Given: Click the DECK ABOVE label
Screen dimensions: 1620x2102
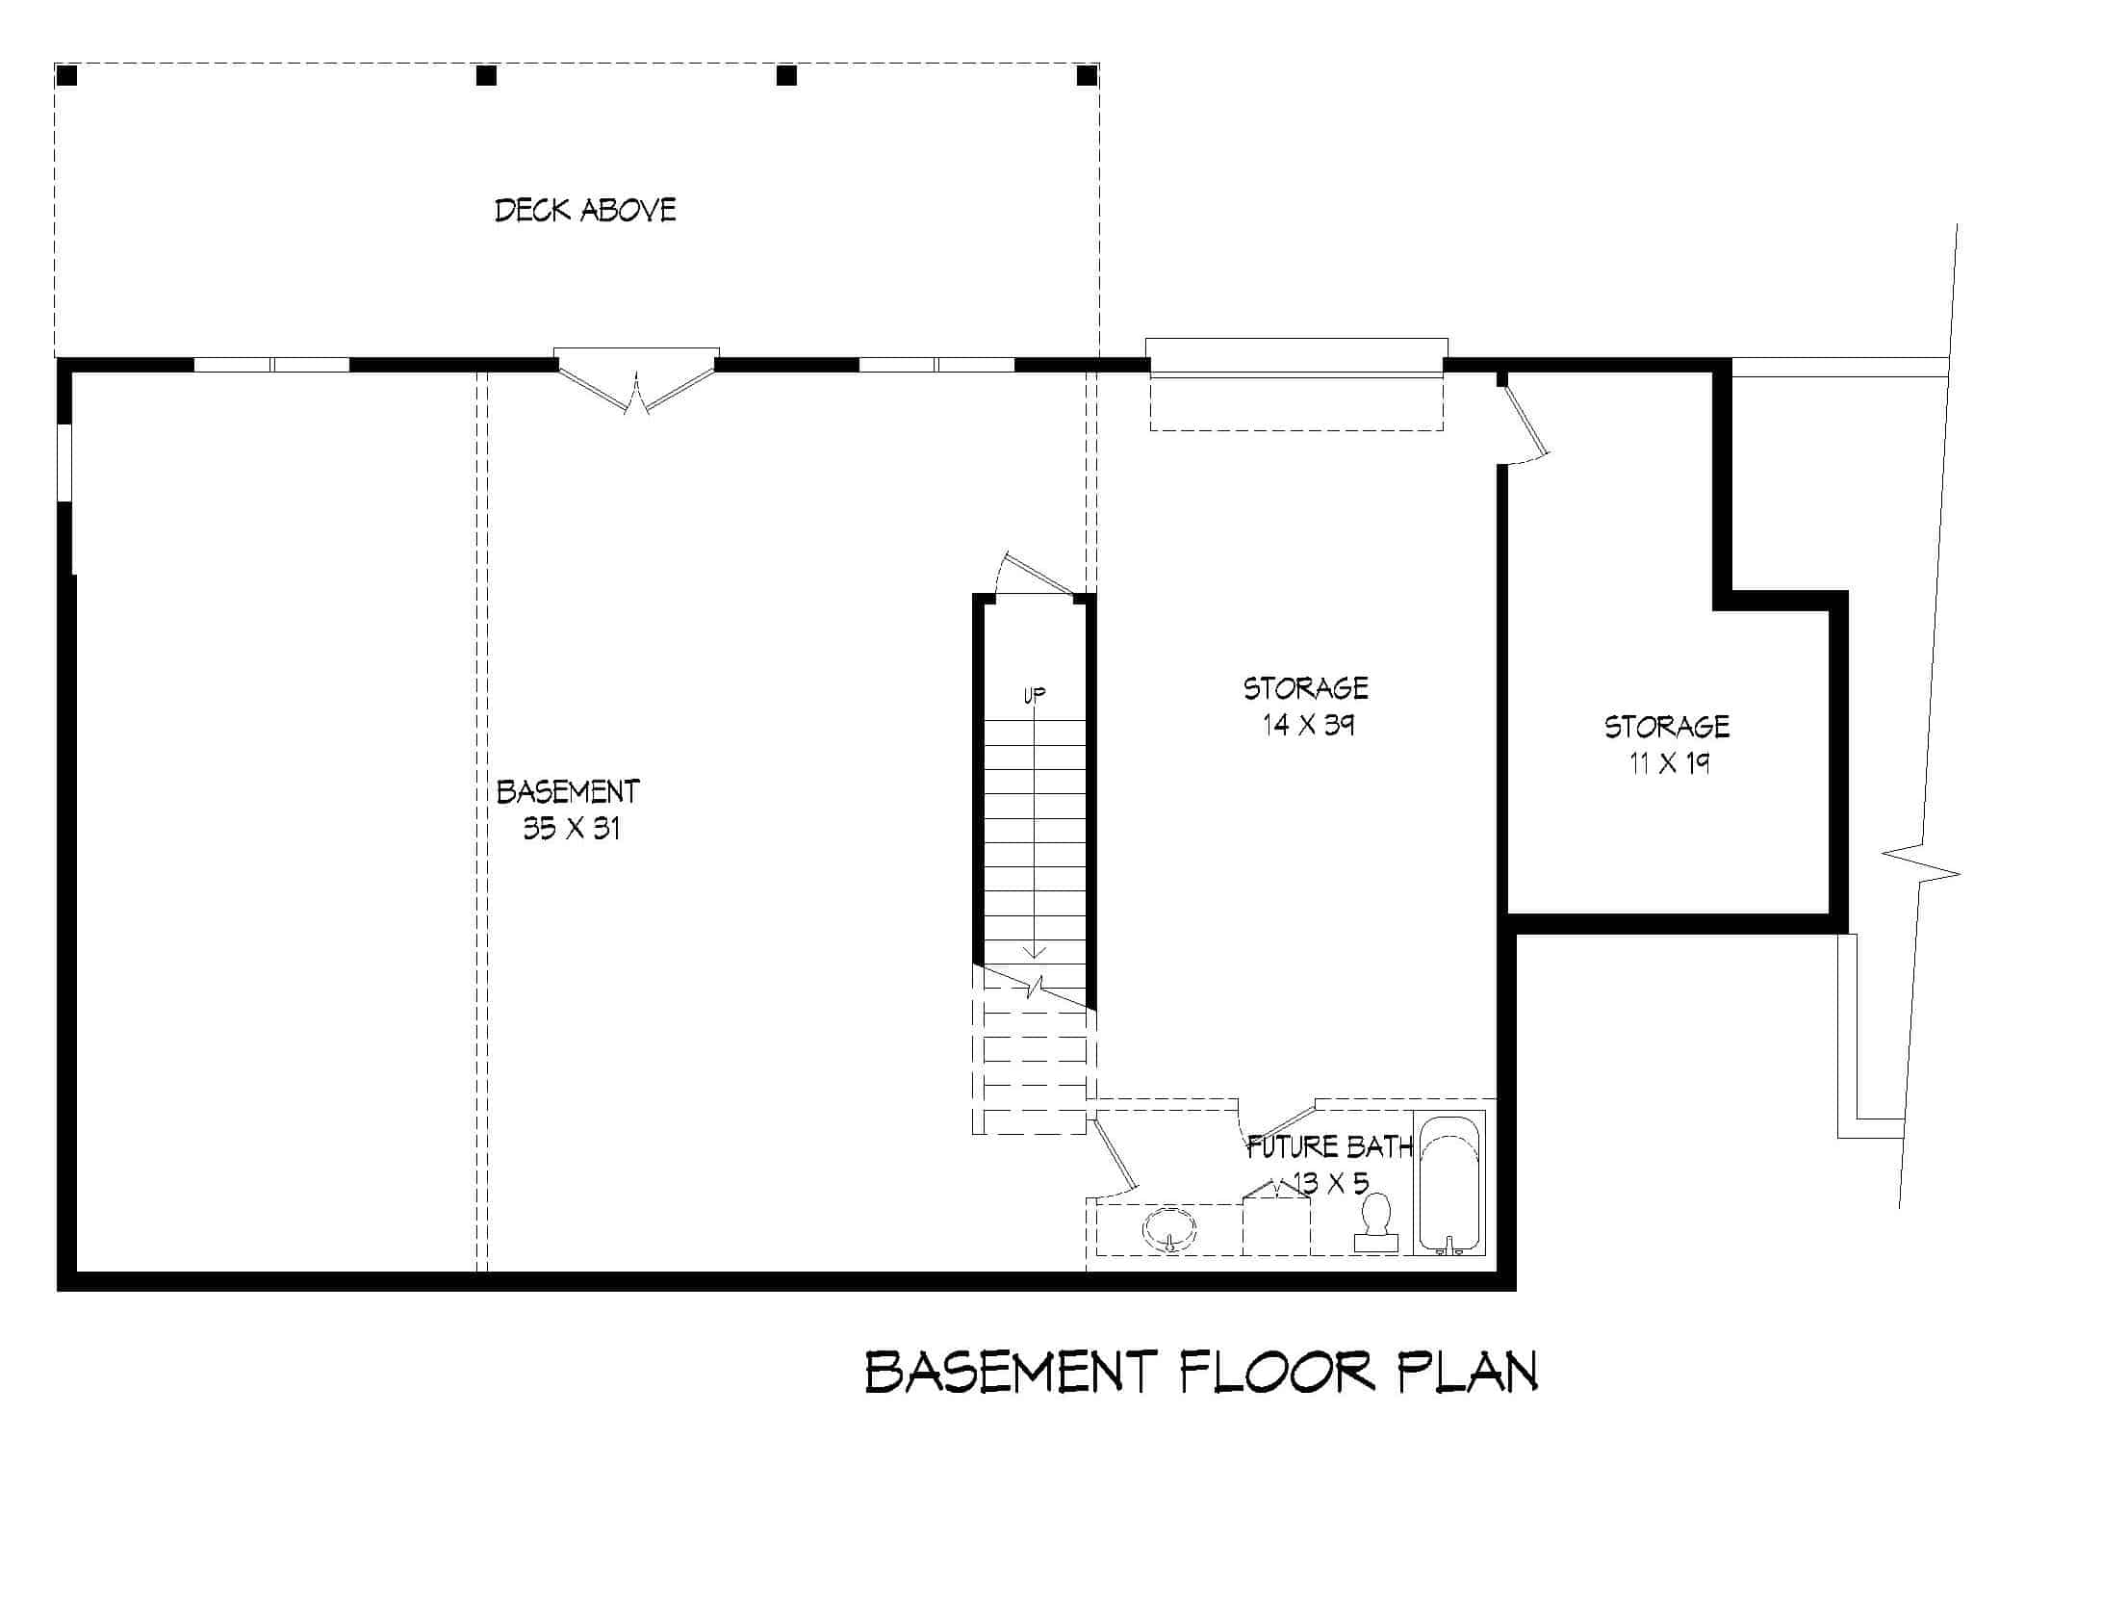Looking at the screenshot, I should pyautogui.click(x=585, y=210).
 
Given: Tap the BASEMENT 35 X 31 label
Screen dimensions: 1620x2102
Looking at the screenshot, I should pyautogui.click(x=569, y=810).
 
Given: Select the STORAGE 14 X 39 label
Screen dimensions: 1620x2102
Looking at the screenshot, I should pyautogui.click(x=1306, y=706).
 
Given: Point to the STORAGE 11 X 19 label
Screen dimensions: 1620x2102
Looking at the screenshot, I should pyautogui.click(x=1667, y=744).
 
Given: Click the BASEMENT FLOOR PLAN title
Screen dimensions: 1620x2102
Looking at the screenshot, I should pyautogui.click(x=1201, y=1373).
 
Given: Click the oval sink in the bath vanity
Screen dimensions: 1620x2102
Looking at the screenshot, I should pyautogui.click(x=1169, y=1229).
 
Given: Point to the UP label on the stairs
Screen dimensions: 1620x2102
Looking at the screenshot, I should pyautogui.click(x=1035, y=694).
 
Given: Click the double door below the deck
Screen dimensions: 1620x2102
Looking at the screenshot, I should pyautogui.click(x=636, y=385).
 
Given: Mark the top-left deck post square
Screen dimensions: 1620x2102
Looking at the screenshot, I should pyautogui.click(x=66, y=75).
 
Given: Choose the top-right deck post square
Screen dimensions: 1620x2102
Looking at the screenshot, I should pyautogui.click(x=1087, y=75).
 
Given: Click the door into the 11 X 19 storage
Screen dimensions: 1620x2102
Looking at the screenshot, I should pyautogui.click(x=1524, y=424).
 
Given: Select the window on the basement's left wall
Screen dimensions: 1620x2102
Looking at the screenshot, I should pyautogui.click(x=64, y=462).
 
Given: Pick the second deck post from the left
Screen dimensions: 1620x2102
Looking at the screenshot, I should pyautogui.click(x=487, y=75).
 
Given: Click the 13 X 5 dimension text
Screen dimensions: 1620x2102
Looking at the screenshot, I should pyautogui.click(x=1331, y=1183).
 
